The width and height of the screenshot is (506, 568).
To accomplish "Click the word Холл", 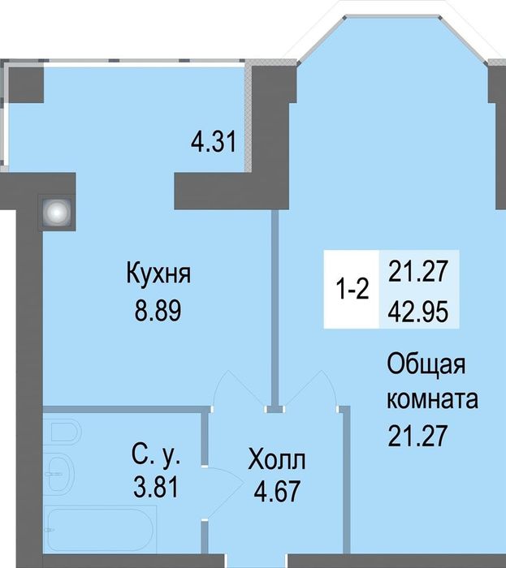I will pyautogui.click(x=278, y=462).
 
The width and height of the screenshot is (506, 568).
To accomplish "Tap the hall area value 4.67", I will pyautogui.click(x=278, y=491).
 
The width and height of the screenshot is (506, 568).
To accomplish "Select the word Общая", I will pyautogui.click(x=426, y=366).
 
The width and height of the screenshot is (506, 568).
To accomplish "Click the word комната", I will pyautogui.click(x=432, y=401).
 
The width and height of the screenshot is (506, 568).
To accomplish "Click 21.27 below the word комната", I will pyautogui.click(x=417, y=437).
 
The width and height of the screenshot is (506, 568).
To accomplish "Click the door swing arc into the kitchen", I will pyautogui.click(x=237, y=388).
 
